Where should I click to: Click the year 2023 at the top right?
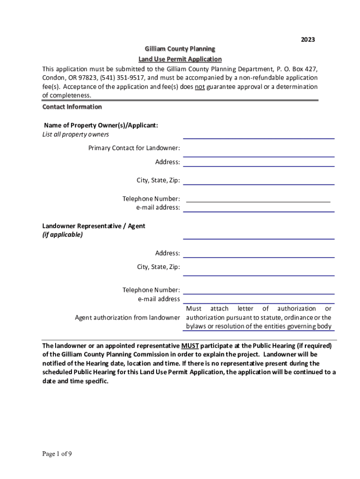coord(308,40)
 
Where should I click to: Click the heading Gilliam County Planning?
coord(180,49)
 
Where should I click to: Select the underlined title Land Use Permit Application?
coord(180,59)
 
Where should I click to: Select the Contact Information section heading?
coord(72,107)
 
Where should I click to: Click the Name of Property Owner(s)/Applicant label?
coord(101,125)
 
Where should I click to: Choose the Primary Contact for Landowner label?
coord(134,148)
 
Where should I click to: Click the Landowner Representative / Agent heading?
coord(94,226)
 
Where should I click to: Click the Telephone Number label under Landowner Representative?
coord(151,290)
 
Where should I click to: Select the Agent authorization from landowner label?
coord(127,318)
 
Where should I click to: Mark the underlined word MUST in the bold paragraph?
coord(190,346)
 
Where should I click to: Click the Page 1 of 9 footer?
coord(57,454)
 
